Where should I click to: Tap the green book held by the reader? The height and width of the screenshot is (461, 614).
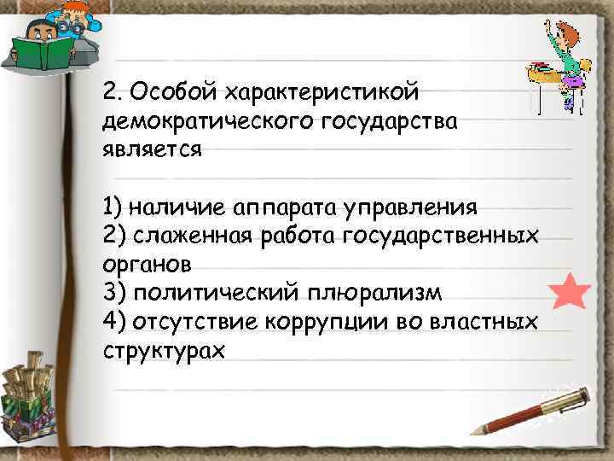click(40, 54)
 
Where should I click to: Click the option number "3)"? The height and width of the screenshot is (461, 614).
click(113, 293)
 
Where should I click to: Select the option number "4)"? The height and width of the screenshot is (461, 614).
click(113, 322)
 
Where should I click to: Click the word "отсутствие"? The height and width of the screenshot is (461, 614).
click(193, 322)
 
